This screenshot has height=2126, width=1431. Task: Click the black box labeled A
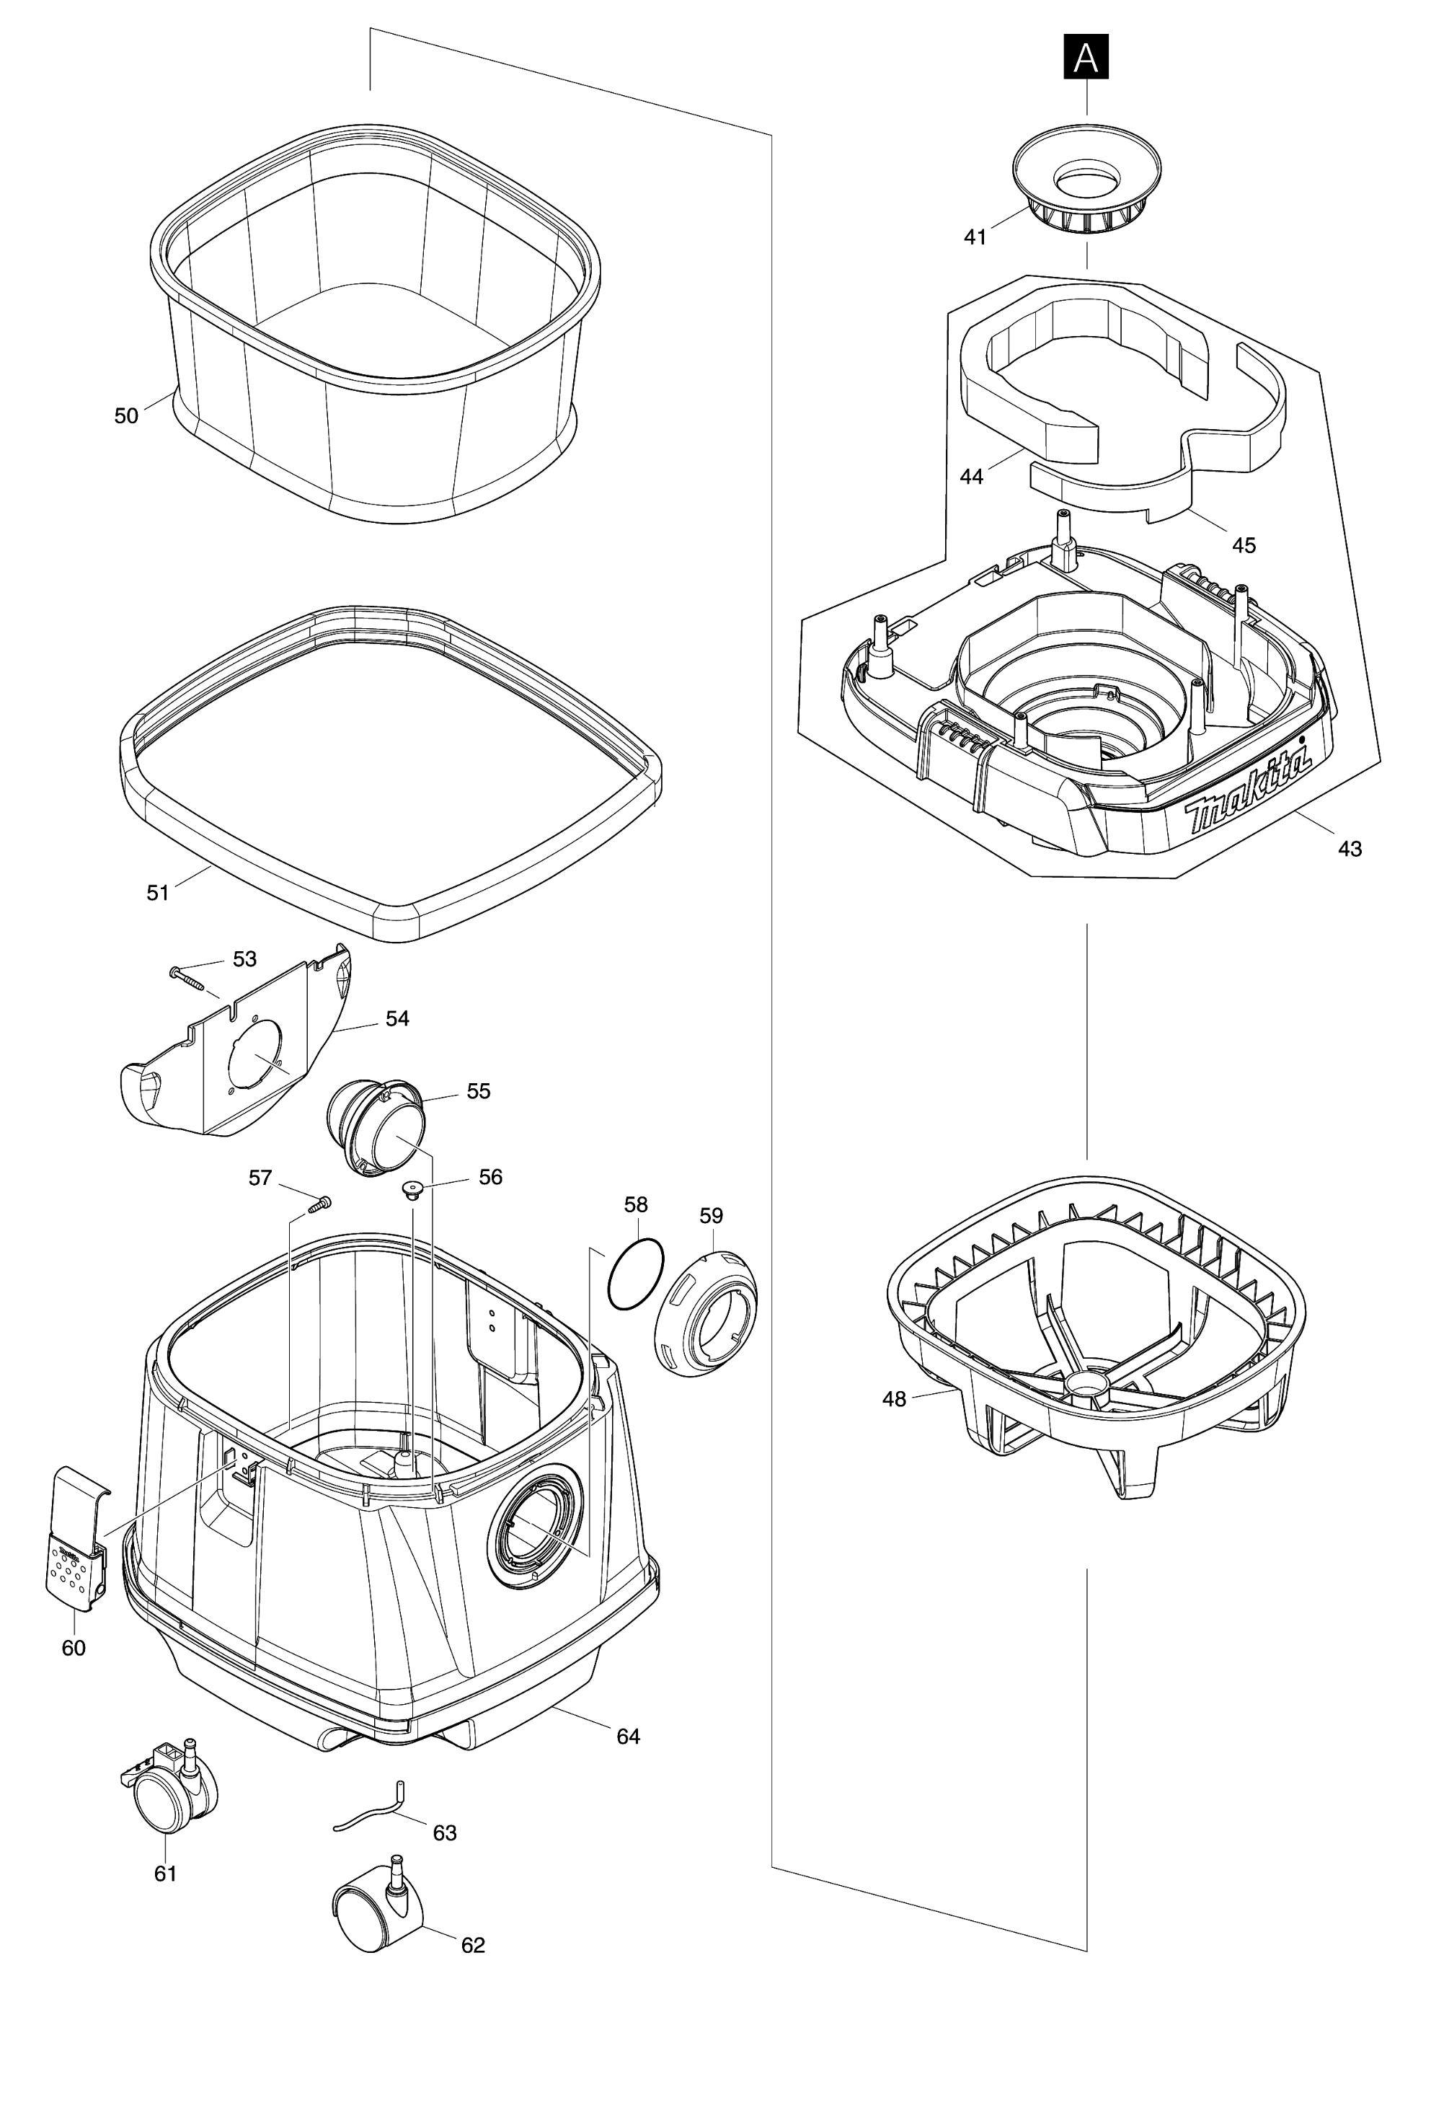(x=1086, y=56)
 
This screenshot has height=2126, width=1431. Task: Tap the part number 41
(x=975, y=237)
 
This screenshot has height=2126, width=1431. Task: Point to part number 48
(x=895, y=1398)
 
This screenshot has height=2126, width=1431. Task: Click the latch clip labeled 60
(x=76, y=1539)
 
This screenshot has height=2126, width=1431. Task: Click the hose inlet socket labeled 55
(x=375, y=1127)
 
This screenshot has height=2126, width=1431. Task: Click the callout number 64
(x=628, y=1737)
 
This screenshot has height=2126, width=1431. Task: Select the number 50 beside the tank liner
(x=126, y=416)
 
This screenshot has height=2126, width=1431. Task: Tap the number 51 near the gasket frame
(x=158, y=893)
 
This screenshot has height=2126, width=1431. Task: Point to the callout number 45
(x=1244, y=546)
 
